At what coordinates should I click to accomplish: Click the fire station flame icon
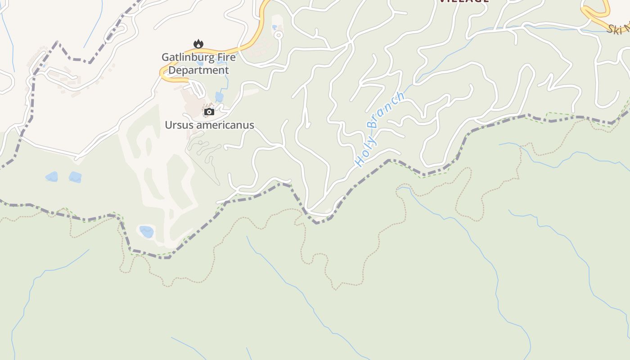coord(198,44)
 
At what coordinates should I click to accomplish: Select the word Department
coord(199,70)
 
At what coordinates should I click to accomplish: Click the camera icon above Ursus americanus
coord(209,112)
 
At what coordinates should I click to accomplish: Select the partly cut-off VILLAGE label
coord(463,1)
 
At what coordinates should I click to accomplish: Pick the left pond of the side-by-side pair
coord(52,176)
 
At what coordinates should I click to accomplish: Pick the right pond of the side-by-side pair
coord(75,177)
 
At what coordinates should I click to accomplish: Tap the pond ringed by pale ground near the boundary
coord(146,232)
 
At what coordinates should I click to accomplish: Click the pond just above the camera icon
coord(219,96)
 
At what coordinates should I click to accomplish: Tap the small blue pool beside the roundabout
coord(274,27)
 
